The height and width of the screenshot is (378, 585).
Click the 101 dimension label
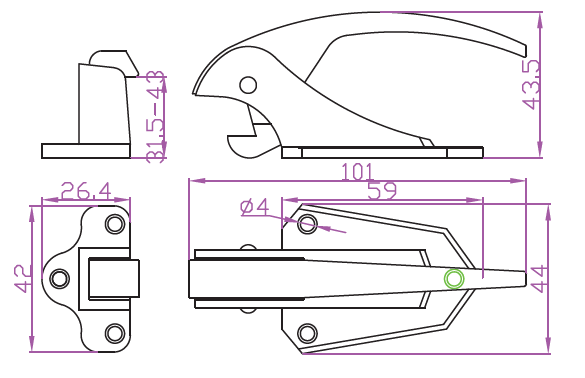tap(357, 172)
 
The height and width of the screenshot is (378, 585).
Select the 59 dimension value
tap(382, 191)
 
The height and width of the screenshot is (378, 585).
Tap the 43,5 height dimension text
tap(531, 84)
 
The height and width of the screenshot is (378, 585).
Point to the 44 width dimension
tap(538, 278)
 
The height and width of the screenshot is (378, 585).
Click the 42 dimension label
tap(22, 278)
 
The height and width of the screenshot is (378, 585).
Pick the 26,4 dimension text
tap(86, 191)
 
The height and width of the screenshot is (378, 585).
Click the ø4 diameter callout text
tap(254, 207)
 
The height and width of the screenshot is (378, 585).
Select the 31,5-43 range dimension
tap(155, 117)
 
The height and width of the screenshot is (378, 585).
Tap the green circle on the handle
tap(454, 278)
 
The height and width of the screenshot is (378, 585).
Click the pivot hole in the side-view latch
tap(248, 85)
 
